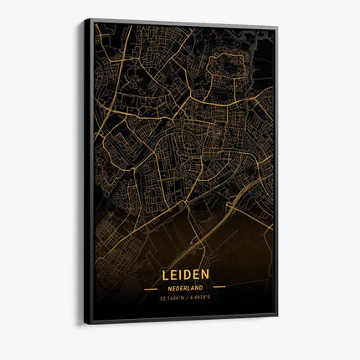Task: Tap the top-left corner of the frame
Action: pos(85,19)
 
